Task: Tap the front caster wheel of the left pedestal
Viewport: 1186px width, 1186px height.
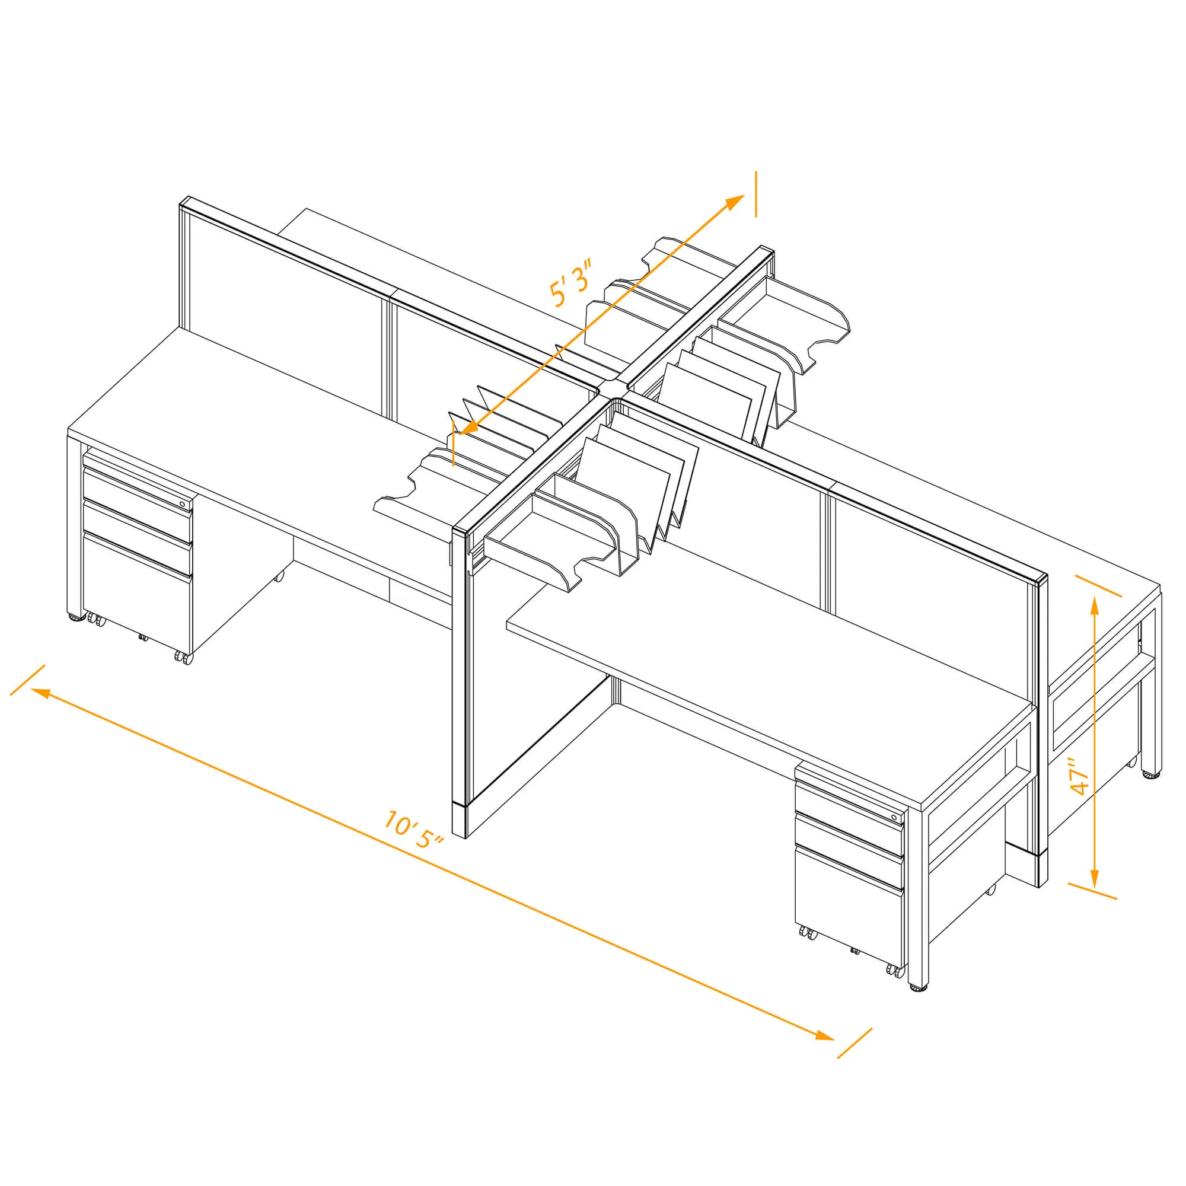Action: (x=183, y=658)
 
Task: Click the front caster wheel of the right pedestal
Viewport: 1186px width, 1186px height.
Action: (x=895, y=971)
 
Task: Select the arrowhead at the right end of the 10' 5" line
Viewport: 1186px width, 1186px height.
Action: (x=824, y=1035)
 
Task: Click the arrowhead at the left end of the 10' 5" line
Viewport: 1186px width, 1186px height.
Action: (x=40, y=693)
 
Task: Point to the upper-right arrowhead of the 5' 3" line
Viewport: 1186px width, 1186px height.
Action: (x=735, y=202)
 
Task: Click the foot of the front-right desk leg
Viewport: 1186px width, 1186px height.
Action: (x=918, y=988)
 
